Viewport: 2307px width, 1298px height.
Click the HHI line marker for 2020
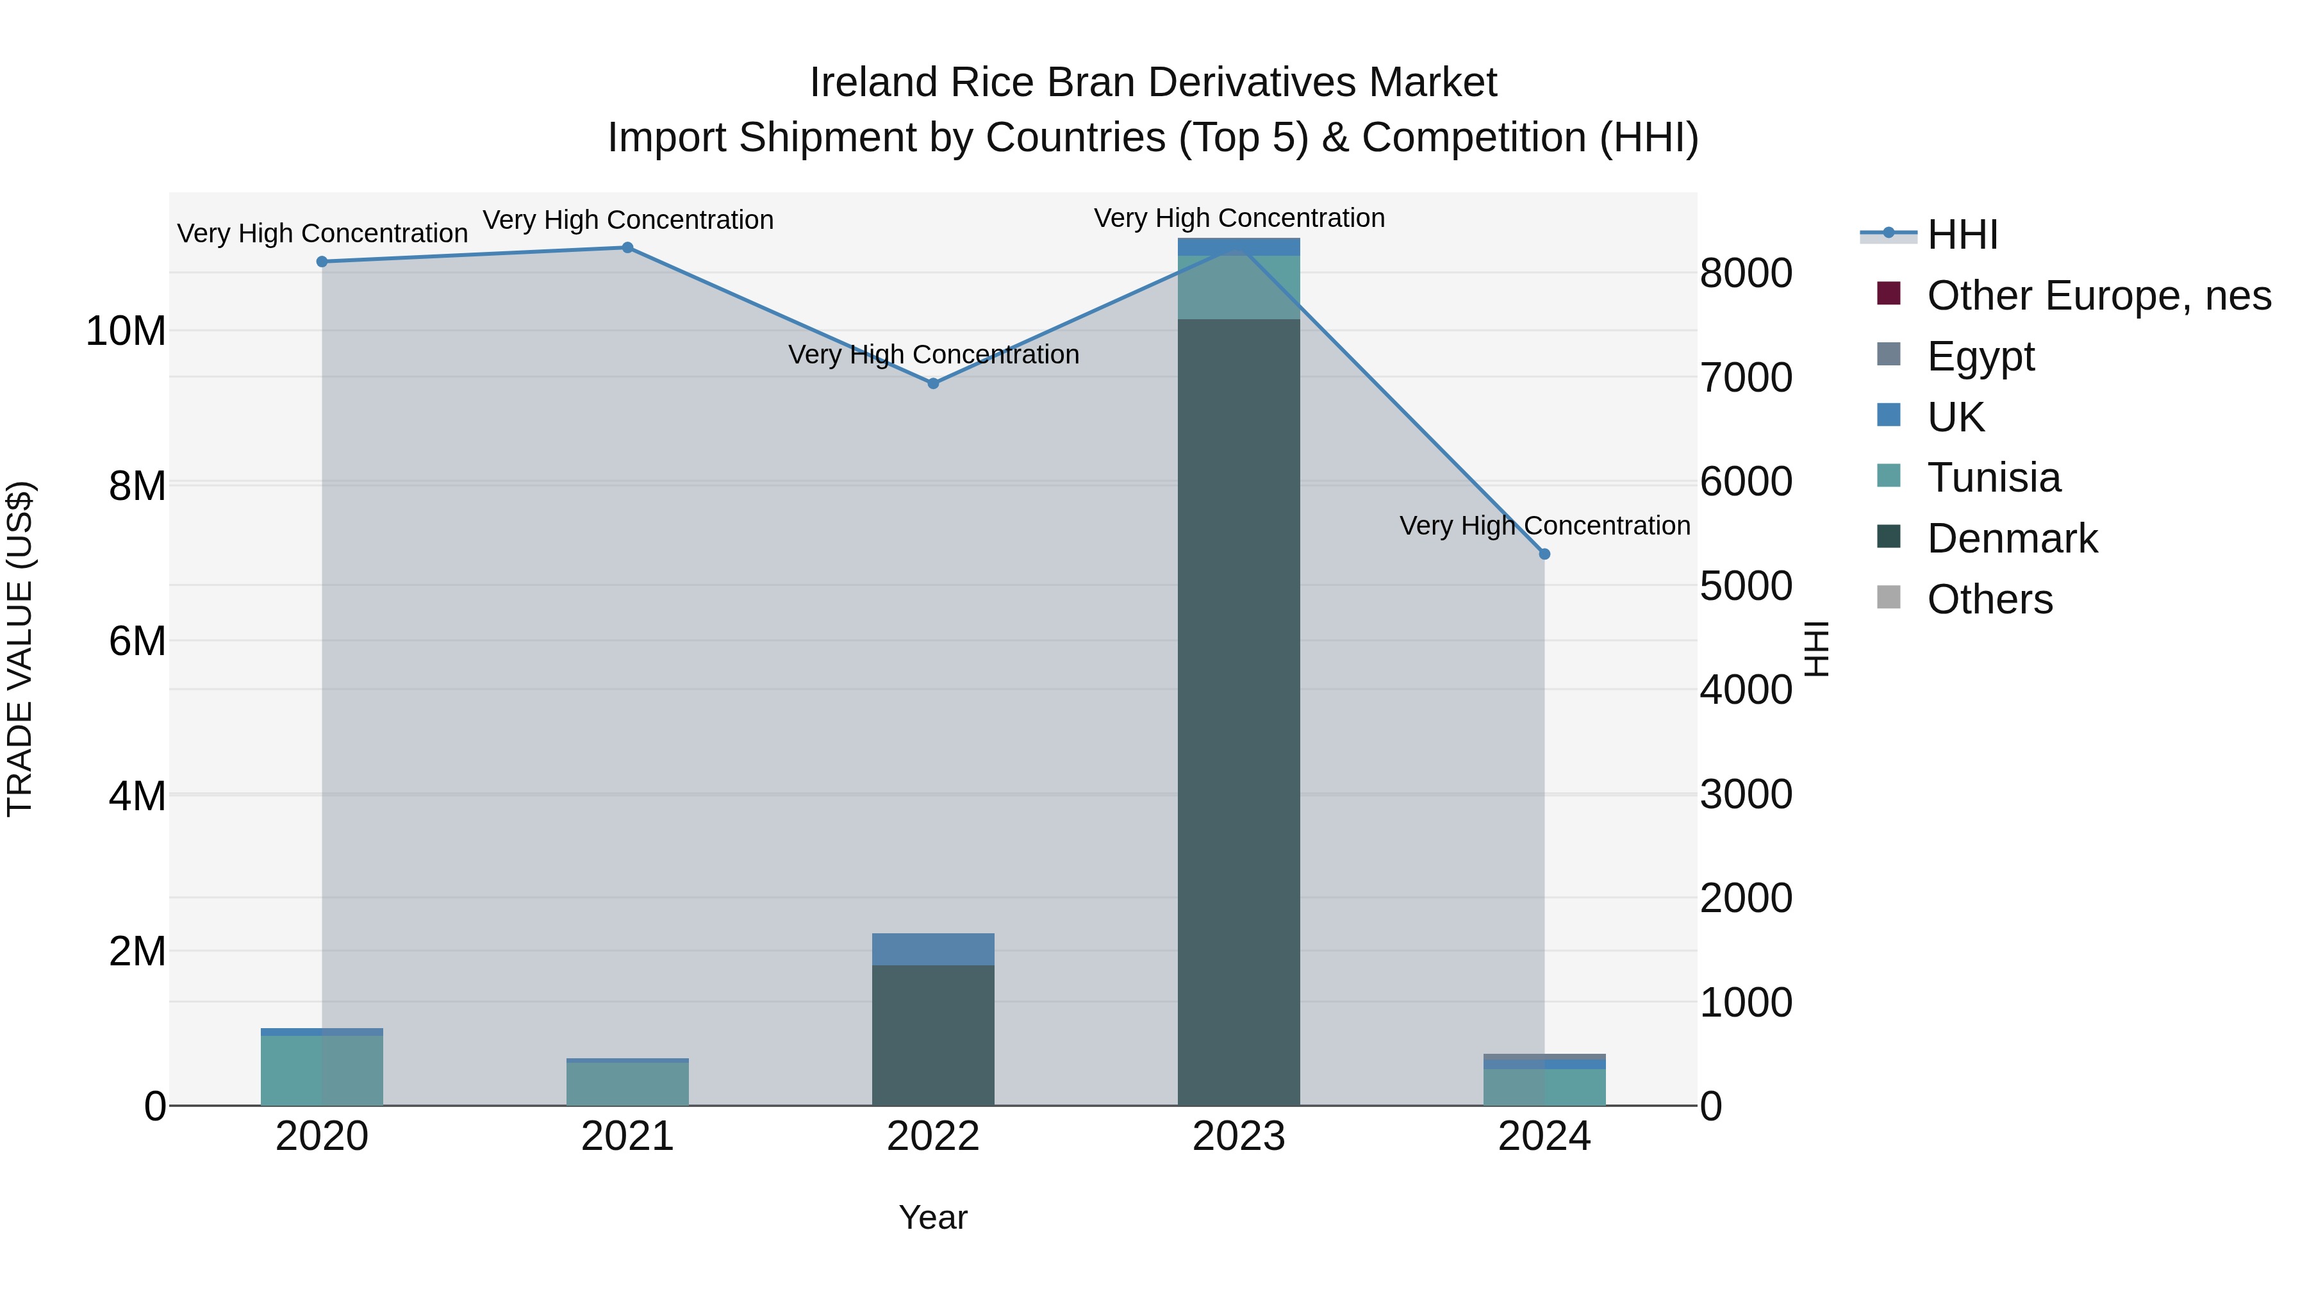pos(322,262)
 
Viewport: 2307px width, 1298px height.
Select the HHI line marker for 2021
pos(628,247)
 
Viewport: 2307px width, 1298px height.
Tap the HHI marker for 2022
pos(933,383)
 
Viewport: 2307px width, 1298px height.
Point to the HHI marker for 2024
pos(1544,554)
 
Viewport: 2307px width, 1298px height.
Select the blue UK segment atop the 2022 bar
pos(933,949)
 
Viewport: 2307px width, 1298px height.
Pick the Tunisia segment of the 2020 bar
pos(322,1070)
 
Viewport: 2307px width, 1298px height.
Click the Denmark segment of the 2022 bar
pos(933,1035)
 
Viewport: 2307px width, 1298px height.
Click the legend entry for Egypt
pos(1980,356)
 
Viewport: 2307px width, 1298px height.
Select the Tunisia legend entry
pos(1994,478)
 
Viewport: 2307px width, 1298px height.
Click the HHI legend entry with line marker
pos(1962,235)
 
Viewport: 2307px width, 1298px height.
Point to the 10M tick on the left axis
pos(126,331)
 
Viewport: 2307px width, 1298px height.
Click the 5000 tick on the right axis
pos(1746,586)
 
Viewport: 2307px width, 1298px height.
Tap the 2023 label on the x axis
pos(1239,1136)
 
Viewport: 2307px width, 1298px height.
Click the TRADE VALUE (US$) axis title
pos(20,649)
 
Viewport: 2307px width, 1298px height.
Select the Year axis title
pos(933,1217)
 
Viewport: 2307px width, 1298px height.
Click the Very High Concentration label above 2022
pos(933,354)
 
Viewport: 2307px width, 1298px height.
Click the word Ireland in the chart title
pos(874,83)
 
